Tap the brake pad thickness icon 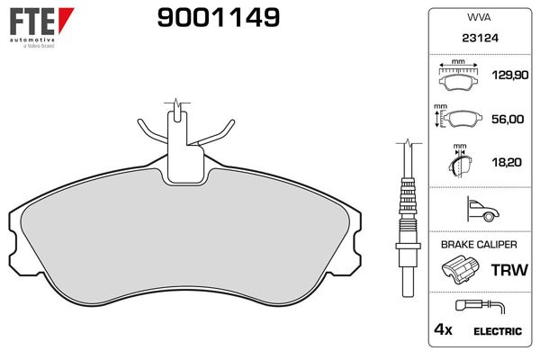[460, 164]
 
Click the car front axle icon [481, 211]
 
